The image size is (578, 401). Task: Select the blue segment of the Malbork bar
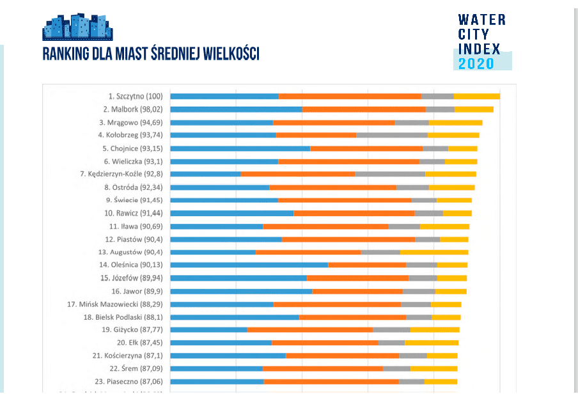[236, 109]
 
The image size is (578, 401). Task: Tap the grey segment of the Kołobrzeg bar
[391, 135]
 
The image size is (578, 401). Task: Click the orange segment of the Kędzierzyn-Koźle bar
[298, 174]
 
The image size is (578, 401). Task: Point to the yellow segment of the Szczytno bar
[476, 96]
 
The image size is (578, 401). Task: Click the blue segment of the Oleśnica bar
[249, 265]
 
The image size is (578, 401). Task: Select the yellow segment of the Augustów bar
[434, 252]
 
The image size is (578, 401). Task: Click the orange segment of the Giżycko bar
[310, 329]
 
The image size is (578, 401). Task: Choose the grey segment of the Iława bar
[404, 226]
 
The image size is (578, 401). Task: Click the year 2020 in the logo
[476, 63]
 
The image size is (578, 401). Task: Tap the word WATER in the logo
[481, 20]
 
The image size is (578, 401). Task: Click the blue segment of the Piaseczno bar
[217, 381]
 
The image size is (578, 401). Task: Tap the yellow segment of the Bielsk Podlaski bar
[446, 317]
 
